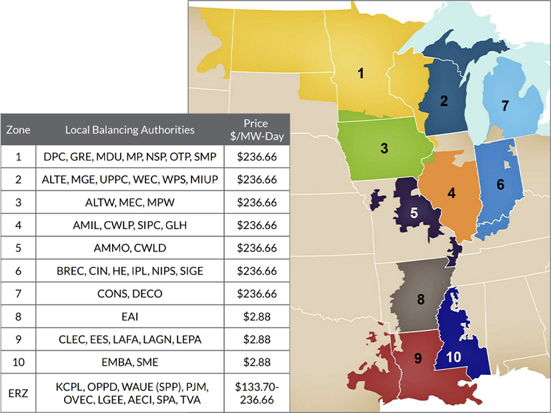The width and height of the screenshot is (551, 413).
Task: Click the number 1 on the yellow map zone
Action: pos(361,73)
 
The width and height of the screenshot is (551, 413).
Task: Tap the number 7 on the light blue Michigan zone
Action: pos(504,105)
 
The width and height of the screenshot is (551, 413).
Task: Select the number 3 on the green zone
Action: pos(384,148)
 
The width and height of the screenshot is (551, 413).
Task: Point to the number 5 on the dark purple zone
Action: pos(414,213)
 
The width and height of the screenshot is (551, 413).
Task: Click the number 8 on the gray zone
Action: pos(421,299)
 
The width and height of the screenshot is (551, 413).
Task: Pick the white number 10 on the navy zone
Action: pos(454,357)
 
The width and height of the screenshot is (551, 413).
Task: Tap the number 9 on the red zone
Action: pos(418,358)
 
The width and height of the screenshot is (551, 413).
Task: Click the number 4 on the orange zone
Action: pos(452,193)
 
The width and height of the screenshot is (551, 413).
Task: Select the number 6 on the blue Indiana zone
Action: pos(500,185)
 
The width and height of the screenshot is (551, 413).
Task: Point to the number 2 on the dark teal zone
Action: pos(443,101)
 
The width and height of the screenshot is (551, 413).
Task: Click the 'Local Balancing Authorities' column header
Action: pos(130,129)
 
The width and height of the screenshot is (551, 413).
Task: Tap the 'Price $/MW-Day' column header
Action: pos(256,129)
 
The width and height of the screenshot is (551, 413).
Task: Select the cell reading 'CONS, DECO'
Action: pos(130,294)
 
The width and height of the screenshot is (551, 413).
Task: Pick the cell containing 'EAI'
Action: pos(130,316)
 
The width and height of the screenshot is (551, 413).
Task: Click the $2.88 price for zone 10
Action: pos(256,362)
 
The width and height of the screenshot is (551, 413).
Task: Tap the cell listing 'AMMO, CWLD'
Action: pos(130,248)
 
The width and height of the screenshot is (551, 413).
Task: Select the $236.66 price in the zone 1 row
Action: pos(256,158)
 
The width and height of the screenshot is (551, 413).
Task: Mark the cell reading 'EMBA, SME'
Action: pos(130,362)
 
